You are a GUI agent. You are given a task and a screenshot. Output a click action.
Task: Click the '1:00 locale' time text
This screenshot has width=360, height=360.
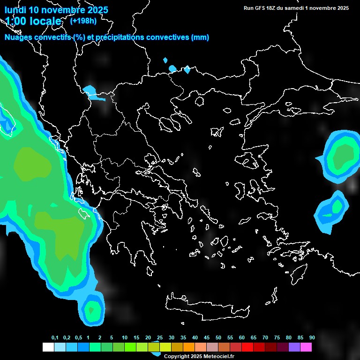tap(33, 21)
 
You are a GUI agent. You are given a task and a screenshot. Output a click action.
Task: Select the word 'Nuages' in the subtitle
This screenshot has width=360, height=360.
tap(19, 37)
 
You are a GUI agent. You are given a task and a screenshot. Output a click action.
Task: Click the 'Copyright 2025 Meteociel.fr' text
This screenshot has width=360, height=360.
tap(199, 356)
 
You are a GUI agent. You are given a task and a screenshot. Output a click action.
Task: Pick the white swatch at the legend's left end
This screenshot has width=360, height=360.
tap(48, 347)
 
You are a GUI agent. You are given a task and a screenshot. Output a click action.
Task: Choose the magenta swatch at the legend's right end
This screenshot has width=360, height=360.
tap(306, 347)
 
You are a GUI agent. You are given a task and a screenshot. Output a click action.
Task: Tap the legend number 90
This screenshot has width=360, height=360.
tap(312, 337)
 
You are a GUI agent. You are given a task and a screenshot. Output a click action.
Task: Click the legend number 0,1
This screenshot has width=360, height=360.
tap(55, 337)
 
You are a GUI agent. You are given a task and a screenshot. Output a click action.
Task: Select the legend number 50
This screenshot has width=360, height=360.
tap(218, 337)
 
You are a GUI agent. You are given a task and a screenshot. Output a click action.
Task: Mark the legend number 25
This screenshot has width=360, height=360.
tap(160, 337)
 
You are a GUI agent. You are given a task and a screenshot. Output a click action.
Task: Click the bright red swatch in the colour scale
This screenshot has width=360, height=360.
tap(247, 347)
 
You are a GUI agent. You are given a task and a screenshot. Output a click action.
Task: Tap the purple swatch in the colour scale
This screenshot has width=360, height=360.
tap(294, 347)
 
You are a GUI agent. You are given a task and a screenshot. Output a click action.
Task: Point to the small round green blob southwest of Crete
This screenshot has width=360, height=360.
tap(93, 309)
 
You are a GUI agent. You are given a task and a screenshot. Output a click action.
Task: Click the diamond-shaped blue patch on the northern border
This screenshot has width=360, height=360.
tap(187, 69)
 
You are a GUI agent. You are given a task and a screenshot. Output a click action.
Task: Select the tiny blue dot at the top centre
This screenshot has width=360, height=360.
tap(165, 60)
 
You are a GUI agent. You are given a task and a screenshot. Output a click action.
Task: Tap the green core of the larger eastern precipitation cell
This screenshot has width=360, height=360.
tap(344, 155)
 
